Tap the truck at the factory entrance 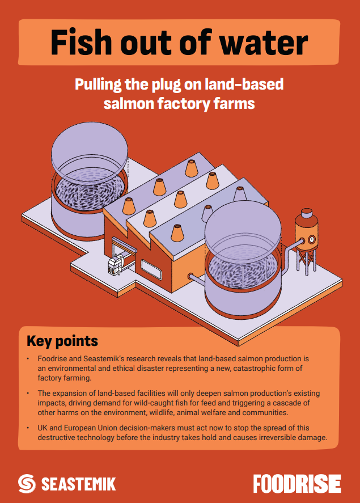click(x=117, y=263)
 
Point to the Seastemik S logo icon click(x=27, y=484)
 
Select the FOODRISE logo click(x=297, y=484)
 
